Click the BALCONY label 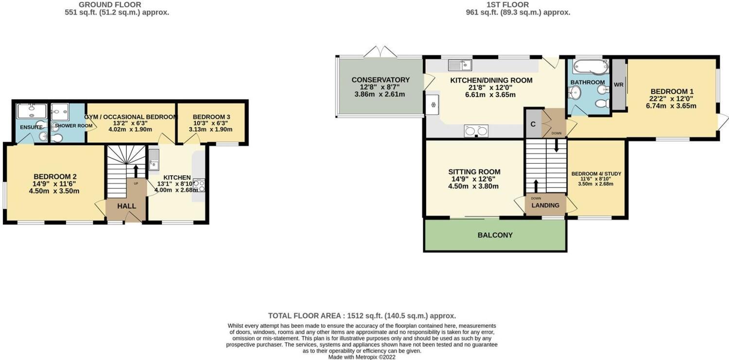point(495,235)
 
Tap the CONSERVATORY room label point(381,80)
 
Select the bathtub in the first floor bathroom point(590,67)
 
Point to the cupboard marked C point(533,124)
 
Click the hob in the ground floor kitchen point(199,185)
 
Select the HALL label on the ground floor point(126,206)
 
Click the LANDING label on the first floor point(545,206)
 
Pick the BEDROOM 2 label point(54,176)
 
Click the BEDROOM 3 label point(211,117)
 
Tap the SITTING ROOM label point(474,171)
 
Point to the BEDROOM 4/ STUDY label point(596,174)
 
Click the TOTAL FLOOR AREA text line point(362,315)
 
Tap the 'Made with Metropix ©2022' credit point(362,357)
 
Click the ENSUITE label point(32,127)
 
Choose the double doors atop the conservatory point(380,51)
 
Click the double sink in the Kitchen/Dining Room point(476,130)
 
